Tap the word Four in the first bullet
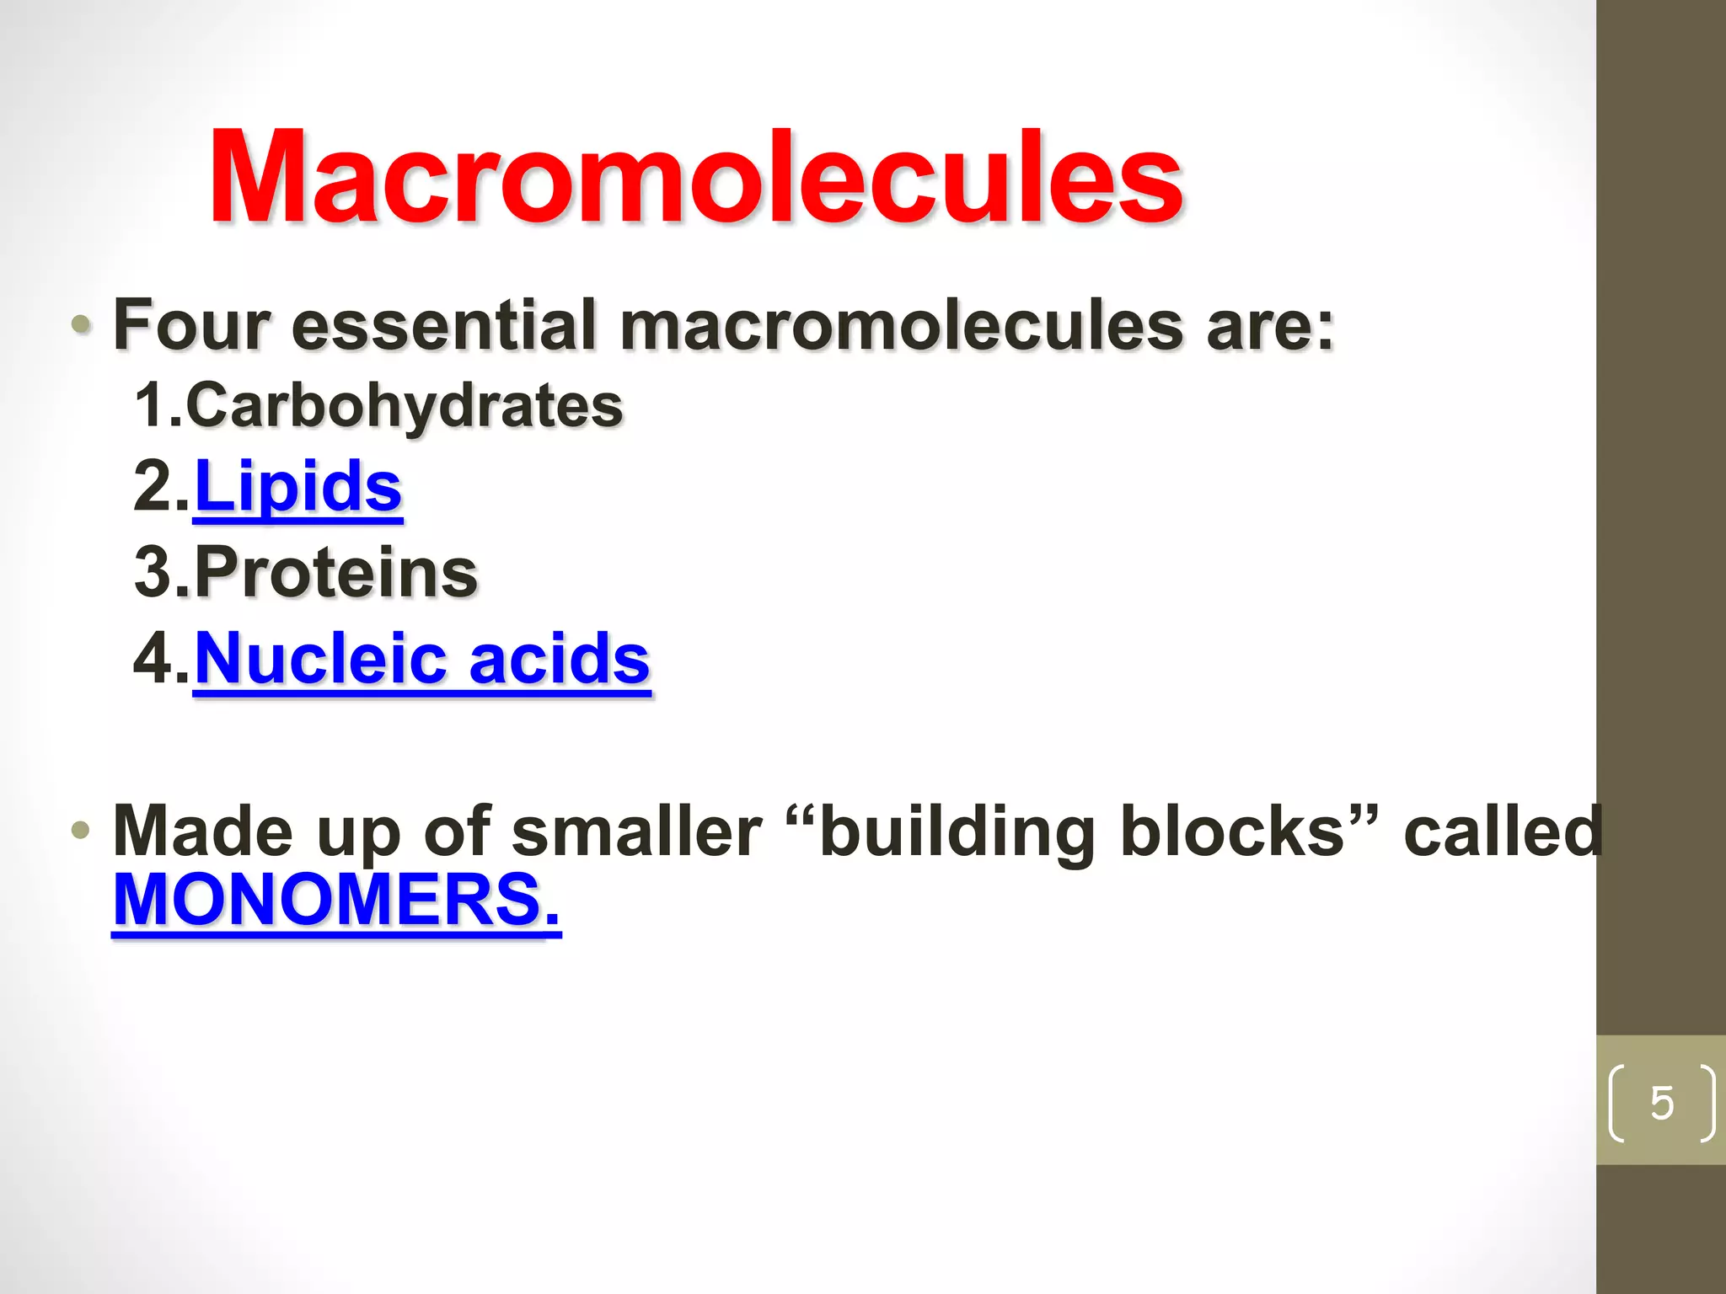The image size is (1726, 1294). (192, 325)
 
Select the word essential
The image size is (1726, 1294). (444, 325)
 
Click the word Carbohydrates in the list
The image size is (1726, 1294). (405, 406)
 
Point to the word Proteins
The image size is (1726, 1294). (336, 573)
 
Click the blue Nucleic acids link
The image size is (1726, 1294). (422, 659)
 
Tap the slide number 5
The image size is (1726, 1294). (1662, 1103)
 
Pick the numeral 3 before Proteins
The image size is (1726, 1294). (153, 573)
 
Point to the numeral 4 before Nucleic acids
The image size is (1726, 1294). (153, 659)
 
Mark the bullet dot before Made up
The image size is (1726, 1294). (81, 831)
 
